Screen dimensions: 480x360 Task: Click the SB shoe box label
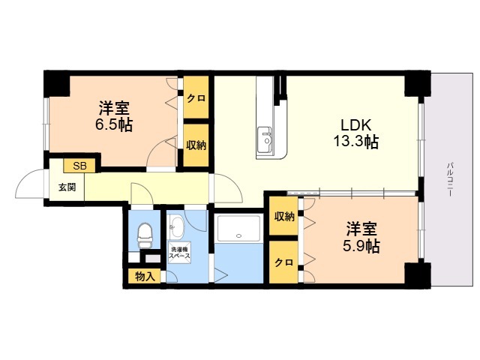[x=79, y=166]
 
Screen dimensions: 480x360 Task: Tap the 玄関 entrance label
[x=67, y=187]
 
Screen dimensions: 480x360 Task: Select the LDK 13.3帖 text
[x=355, y=133]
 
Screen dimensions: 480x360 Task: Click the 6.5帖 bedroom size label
[x=114, y=124]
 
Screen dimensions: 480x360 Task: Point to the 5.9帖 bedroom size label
[x=361, y=245]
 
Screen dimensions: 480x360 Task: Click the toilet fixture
[x=145, y=235]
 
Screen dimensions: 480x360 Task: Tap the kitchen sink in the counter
[x=265, y=141]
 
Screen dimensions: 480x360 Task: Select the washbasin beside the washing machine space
[x=176, y=226]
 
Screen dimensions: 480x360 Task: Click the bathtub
[x=238, y=229]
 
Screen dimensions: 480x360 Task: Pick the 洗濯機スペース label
[x=179, y=253]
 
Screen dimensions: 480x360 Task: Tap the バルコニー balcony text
[x=450, y=179]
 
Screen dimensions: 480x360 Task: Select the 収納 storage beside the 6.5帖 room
[x=196, y=145]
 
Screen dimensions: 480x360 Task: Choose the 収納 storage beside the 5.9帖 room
[x=283, y=216]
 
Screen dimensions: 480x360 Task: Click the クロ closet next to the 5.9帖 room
[x=283, y=262]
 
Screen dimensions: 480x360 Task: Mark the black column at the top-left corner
[x=57, y=84]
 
